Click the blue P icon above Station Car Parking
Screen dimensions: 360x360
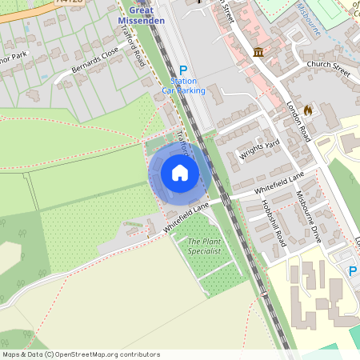pyautogui.click(x=183, y=70)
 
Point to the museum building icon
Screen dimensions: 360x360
pyautogui.click(x=258, y=52)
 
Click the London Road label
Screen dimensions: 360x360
pyautogui.click(x=298, y=122)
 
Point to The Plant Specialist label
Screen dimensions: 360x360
pyautogui.click(x=204, y=246)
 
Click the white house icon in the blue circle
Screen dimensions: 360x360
pyautogui.click(x=180, y=173)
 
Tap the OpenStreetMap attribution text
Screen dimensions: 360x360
pyautogui.click(x=80, y=354)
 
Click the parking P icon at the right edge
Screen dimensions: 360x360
pyautogui.click(x=354, y=272)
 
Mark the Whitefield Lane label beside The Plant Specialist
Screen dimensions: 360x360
pyautogui.click(x=186, y=218)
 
